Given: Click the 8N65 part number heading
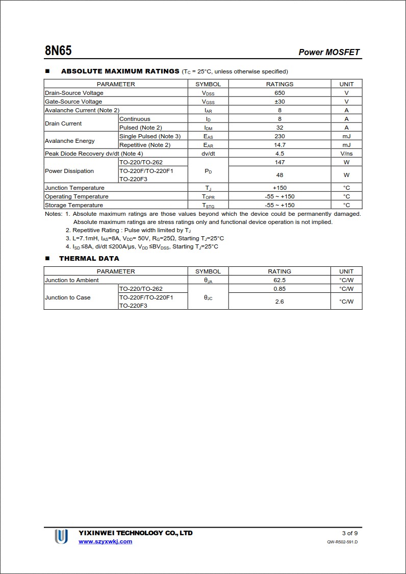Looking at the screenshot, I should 58,51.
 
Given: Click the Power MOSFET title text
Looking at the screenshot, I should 329,52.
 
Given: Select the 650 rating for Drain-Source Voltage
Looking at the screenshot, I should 280,93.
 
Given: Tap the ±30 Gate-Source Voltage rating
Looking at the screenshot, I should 280,102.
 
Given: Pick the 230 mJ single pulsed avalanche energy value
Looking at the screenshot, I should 280,136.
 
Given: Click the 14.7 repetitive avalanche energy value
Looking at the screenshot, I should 280,145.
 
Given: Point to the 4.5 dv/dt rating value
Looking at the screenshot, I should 280,154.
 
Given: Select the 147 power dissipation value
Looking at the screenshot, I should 280,162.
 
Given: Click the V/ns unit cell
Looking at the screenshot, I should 346,154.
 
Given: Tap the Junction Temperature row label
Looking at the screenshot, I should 74,188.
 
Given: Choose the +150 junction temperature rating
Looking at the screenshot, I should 280,188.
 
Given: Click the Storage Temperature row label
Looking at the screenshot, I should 74,205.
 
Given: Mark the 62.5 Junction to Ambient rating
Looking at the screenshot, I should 280,280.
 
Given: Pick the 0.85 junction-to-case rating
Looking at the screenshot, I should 280,289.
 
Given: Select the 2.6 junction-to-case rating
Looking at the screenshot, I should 280,302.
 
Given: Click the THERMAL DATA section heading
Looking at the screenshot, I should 89,259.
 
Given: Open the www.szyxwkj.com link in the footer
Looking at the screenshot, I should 105,541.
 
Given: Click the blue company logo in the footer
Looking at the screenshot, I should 61,536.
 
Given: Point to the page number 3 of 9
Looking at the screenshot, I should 350,533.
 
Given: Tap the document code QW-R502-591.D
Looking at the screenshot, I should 342,542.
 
